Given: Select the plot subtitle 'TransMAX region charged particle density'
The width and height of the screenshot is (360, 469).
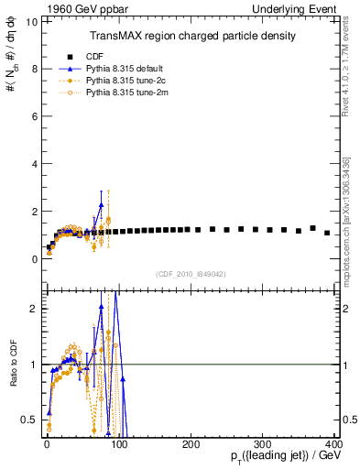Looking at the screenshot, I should click(192, 36).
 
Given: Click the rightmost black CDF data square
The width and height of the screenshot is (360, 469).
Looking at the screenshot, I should click(327, 233).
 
